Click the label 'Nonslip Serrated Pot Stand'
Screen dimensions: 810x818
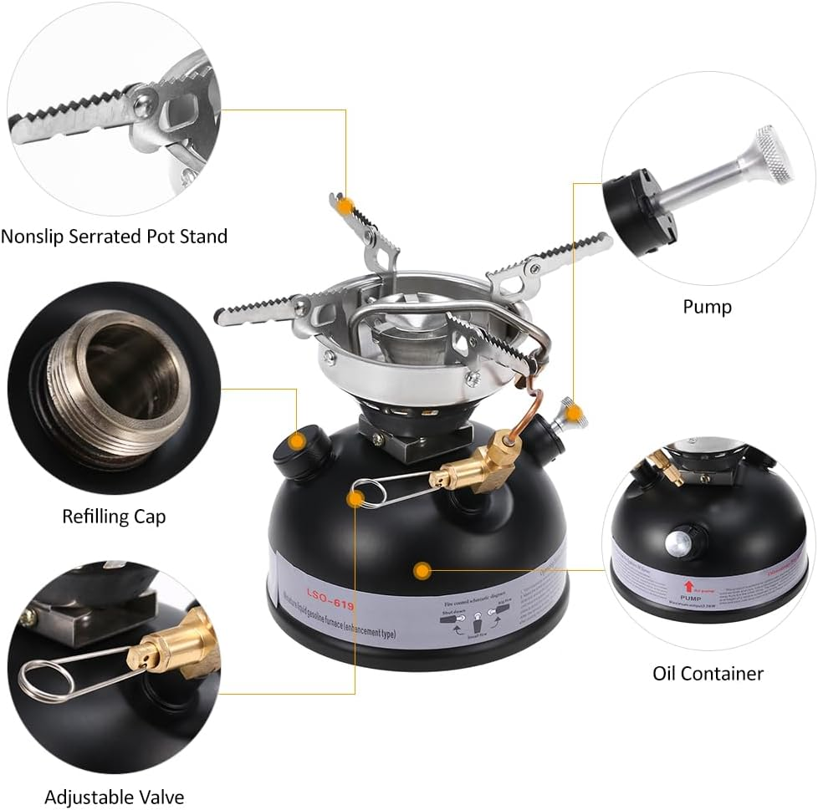click(x=114, y=237)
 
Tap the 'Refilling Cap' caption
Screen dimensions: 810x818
click(x=114, y=516)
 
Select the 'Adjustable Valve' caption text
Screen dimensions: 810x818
click(x=114, y=797)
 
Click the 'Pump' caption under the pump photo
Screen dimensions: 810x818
click(x=707, y=307)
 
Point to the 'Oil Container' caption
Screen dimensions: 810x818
click(x=708, y=673)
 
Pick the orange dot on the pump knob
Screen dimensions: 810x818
click(x=571, y=411)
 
